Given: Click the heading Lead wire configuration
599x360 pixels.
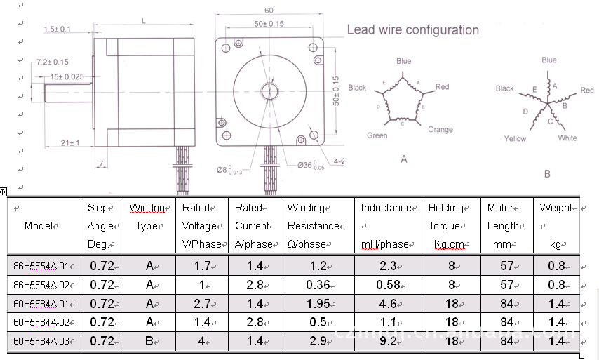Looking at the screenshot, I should pyautogui.click(x=412, y=30).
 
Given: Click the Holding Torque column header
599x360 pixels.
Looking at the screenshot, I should pyautogui.click(x=446, y=226).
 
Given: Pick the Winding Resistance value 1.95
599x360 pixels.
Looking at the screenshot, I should pyautogui.click(x=318, y=304).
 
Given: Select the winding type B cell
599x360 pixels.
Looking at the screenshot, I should pyautogui.click(x=149, y=341).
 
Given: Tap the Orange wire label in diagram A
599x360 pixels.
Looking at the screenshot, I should pyautogui.click(x=440, y=129).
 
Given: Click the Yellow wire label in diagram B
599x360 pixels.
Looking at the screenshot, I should pyautogui.click(x=515, y=139).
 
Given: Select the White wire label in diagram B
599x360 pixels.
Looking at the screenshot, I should pyautogui.click(x=567, y=138).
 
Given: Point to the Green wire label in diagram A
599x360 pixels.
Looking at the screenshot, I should pyautogui.click(x=377, y=135).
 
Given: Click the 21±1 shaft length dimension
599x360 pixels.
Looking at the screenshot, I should pyautogui.click(x=69, y=143).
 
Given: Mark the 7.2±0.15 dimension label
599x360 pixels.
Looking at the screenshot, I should pyautogui.click(x=52, y=62).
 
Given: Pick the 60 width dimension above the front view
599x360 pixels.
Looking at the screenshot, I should pyautogui.click(x=269, y=11).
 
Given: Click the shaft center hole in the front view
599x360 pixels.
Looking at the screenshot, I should pyautogui.click(x=269, y=91).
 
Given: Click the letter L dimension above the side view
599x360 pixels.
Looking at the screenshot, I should pyautogui.click(x=143, y=22).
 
